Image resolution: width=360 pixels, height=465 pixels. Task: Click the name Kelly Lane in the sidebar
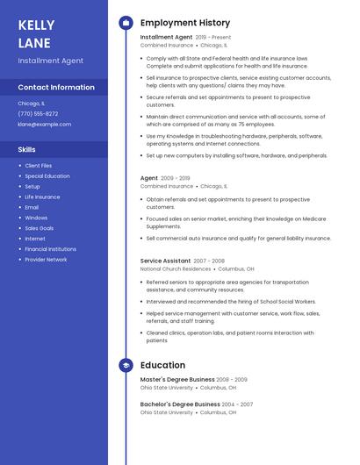(x=36, y=34)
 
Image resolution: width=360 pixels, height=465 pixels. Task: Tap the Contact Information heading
(x=56, y=88)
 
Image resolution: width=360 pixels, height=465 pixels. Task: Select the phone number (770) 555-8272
(x=38, y=114)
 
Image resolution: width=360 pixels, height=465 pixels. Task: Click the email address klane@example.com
(x=44, y=125)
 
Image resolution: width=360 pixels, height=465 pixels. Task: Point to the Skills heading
(x=27, y=149)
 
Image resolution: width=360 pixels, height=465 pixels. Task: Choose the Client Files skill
(x=39, y=166)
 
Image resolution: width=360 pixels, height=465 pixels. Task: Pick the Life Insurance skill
(x=42, y=197)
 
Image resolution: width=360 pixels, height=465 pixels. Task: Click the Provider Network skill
(x=46, y=260)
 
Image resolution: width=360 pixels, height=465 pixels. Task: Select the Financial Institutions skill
(x=50, y=249)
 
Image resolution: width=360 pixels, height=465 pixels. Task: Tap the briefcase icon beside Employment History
(x=125, y=23)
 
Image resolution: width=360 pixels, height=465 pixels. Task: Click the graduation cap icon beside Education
(x=125, y=365)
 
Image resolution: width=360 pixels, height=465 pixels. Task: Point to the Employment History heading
(x=185, y=23)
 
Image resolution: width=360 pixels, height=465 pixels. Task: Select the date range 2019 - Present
(x=213, y=38)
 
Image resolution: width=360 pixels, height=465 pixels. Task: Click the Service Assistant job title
(x=165, y=261)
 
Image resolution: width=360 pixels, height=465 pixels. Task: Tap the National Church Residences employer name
(x=176, y=268)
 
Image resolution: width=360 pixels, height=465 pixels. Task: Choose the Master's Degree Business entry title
(x=177, y=380)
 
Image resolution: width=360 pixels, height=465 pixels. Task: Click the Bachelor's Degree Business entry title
(x=180, y=404)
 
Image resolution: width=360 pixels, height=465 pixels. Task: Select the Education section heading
(x=162, y=365)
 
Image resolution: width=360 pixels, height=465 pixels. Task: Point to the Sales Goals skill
(x=39, y=228)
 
